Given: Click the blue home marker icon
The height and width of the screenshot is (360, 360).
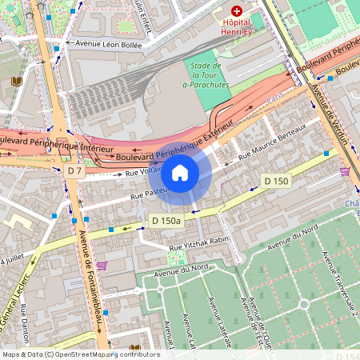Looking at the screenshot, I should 180,173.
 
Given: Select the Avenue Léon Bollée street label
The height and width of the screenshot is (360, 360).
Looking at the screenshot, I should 108,46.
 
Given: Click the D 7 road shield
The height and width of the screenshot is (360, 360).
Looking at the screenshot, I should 75,170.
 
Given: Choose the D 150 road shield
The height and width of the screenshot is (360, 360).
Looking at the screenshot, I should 275,182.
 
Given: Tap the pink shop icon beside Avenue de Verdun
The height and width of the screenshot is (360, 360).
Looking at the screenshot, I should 345,171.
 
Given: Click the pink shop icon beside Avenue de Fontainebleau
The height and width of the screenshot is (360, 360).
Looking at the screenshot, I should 102,265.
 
